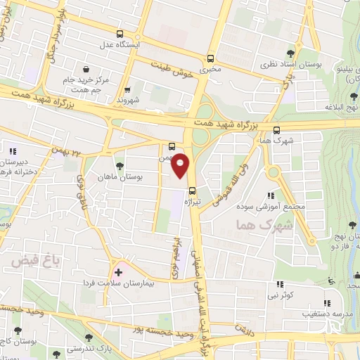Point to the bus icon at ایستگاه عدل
pos(120,34)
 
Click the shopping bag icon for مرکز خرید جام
pos(86,70)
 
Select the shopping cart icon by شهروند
pos(127,89)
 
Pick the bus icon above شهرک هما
pos(276,130)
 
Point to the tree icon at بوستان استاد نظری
pos(291,52)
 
